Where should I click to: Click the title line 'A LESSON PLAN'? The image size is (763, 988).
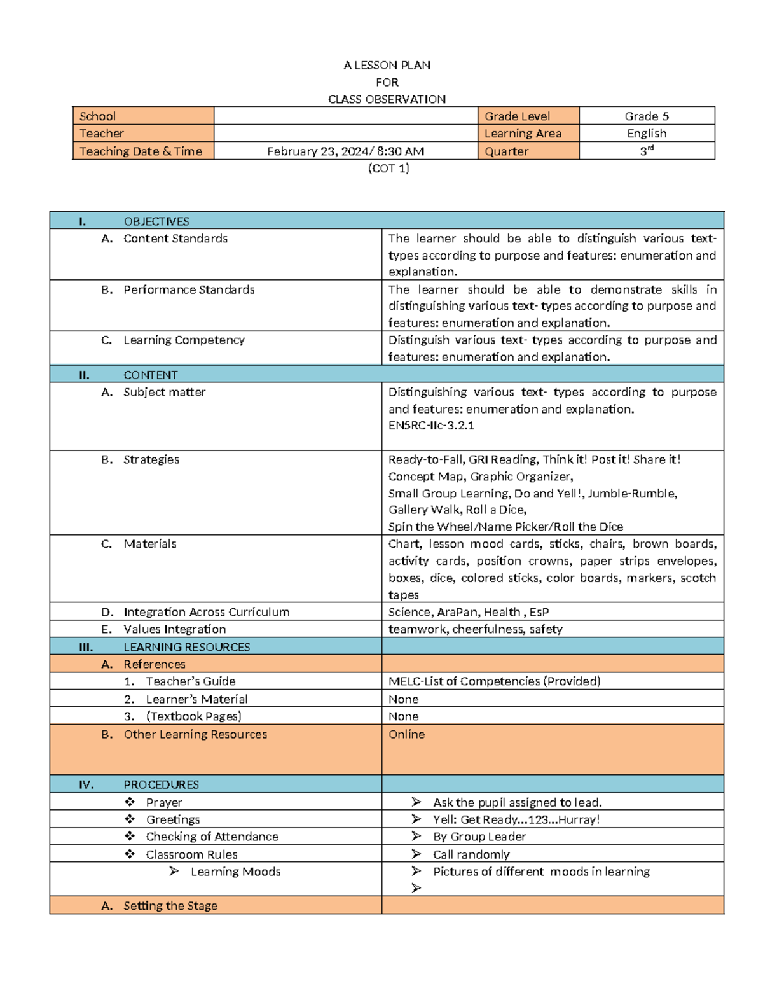point(387,65)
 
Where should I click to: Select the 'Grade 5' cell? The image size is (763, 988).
point(646,116)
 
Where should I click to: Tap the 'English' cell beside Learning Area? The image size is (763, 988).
point(646,133)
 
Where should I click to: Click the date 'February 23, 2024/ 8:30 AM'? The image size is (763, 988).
point(345,151)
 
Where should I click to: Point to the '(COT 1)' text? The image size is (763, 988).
point(388,168)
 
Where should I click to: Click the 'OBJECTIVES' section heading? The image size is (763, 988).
point(156,221)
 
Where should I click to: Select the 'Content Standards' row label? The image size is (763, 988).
point(175,238)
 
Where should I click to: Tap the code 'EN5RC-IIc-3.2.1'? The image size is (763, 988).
point(431,425)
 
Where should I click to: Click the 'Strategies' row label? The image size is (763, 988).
point(151,459)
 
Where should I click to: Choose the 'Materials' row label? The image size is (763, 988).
point(149,543)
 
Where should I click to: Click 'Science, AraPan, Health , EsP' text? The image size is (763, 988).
point(468,611)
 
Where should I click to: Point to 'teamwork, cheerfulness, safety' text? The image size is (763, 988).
point(475,629)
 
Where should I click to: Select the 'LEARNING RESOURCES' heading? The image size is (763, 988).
point(186,646)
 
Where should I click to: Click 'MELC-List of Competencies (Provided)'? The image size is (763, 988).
point(494,681)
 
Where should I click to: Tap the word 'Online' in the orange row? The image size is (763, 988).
point(406,734)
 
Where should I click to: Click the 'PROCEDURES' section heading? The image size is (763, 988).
point(161,784)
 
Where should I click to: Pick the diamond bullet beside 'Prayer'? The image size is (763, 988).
point(130,802)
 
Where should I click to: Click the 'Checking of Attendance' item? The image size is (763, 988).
point(212,836)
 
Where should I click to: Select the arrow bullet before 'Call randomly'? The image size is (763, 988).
point(416,853)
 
